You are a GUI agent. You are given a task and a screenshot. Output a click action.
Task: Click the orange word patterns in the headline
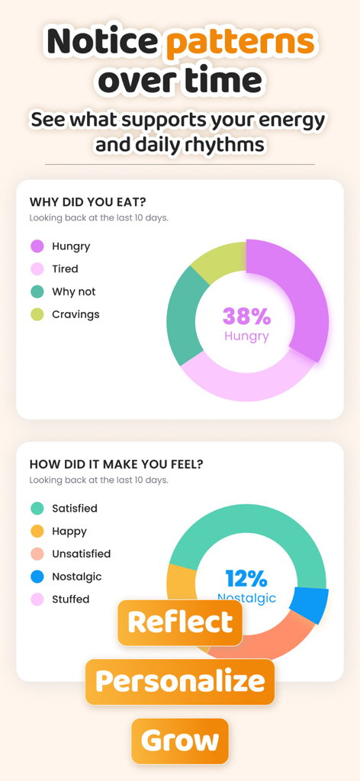click(239, 42)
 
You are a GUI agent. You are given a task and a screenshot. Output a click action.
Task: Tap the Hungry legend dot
click(37, 246)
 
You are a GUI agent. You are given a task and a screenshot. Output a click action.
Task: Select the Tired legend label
click(65, 269)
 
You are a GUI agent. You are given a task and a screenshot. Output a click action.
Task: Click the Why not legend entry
click(73, 292)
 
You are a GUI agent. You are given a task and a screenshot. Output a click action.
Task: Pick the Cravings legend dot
click(37, 314)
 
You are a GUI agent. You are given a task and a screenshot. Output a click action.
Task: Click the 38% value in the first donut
click(246, 316)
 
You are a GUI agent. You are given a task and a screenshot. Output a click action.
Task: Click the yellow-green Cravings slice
click(217, 259)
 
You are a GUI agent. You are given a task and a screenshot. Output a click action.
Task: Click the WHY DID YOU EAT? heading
click(88, 202)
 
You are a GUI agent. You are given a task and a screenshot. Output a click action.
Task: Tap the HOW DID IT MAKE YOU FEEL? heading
click(116, 464)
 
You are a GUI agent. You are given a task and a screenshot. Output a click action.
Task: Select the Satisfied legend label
click(74, 509)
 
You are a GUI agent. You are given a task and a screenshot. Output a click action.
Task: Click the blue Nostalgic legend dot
click(37, 577)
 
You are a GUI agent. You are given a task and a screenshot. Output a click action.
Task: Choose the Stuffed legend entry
click(70, 599)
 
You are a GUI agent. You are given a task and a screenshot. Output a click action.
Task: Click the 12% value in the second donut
click(246, 578)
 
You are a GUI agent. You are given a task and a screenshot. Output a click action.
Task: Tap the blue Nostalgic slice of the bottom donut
click(310, 606)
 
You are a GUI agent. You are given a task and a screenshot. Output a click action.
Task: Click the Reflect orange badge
click(180, 622)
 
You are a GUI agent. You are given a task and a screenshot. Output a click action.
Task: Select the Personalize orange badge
click(180, 681)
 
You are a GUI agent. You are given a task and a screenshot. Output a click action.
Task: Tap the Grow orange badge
click(180, 741)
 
